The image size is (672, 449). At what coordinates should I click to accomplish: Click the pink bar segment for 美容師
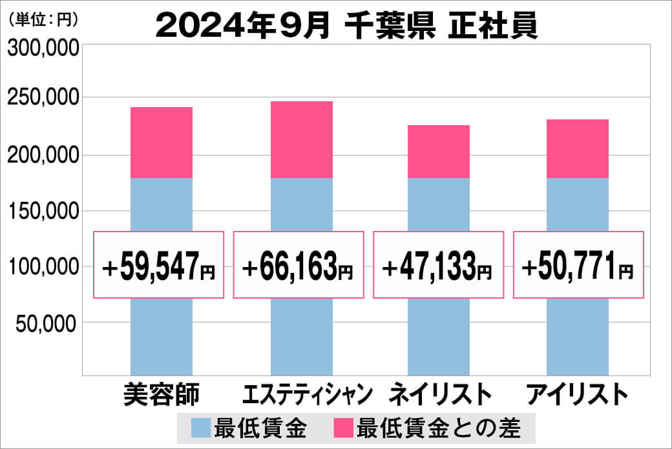tap(162, 142)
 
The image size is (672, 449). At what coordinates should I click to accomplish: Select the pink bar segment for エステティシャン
tap(301, 139)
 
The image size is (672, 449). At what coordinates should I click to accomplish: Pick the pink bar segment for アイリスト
tap(577, 148)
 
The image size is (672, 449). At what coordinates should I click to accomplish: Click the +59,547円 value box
tap(160, 264)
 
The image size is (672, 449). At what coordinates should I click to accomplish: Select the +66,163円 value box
tap(299, 264)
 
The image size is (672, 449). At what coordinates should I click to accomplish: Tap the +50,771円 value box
tap(578, 264)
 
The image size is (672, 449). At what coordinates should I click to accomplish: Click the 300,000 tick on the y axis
tap(43, 49)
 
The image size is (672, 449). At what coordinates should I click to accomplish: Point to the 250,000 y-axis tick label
tap(43, 98)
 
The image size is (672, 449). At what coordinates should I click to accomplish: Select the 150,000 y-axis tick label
tap(43, 211)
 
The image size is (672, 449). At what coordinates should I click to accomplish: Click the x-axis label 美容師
tap(161, 394)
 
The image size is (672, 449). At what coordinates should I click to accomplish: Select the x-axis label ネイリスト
tap(439, 394)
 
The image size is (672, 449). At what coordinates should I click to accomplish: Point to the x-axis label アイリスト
tap(577, 394)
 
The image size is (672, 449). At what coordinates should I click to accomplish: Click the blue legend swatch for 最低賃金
tap(201, 428)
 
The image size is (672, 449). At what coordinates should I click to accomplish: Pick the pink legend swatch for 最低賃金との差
tap(342, 428)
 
